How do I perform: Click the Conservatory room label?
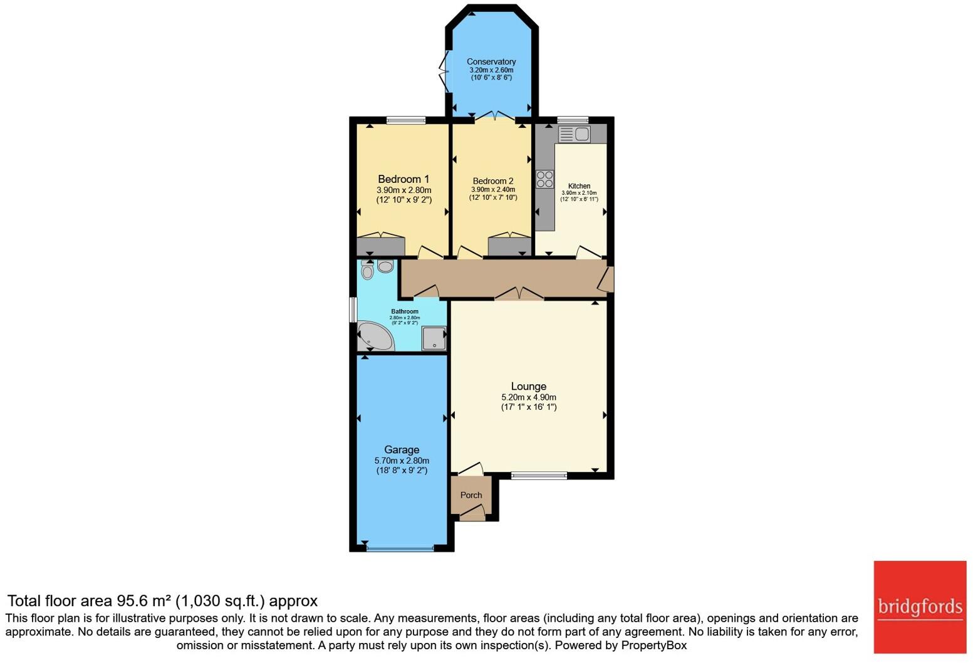tap(491, 61)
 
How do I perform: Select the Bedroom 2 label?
tap(493, 181)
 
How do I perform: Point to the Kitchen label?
tap(579, 186)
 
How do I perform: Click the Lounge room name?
tap(528, 387)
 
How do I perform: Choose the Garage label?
tap(402, 450)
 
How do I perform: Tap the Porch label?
tap(471, 495)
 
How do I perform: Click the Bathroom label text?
tap(405, 311)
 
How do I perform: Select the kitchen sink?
tap(575, 134)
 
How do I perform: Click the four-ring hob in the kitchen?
tap(544, 179)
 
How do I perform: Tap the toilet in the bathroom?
tap(368, 271)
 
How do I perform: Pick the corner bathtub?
tap(373, 337)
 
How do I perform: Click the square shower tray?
tap(434, 338)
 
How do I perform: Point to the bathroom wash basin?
tap(385, 266)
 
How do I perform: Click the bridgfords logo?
tap(920, 607)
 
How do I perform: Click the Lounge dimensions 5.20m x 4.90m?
tap(528, 397)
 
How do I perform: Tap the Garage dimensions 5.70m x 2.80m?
tap(402, 461)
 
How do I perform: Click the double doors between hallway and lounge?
tap(519, 294)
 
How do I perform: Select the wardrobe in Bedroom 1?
tap(380, 246)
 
